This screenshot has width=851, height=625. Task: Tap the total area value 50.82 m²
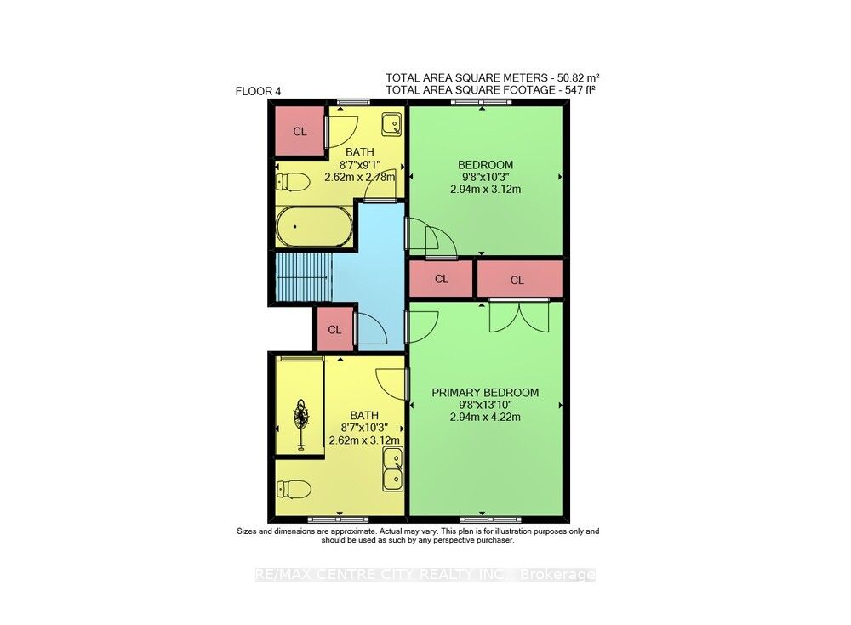[577, 77]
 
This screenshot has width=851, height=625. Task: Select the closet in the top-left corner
[300, 131]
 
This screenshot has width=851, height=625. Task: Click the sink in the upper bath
[391, 125]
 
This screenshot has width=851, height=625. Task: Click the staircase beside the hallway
[302, 278]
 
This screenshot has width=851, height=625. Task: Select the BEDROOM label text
[485, 164]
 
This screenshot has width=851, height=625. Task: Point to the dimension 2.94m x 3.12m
[485, 190]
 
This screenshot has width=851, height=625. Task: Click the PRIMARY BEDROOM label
[485, 392]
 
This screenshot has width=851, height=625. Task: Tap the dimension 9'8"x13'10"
[485, 405]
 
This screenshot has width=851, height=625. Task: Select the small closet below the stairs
[334, 329]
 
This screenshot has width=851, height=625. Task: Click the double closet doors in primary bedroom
[520, 316]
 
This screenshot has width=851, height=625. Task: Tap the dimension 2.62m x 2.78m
[360, 178]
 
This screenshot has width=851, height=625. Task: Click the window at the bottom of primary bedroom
[485, 519]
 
